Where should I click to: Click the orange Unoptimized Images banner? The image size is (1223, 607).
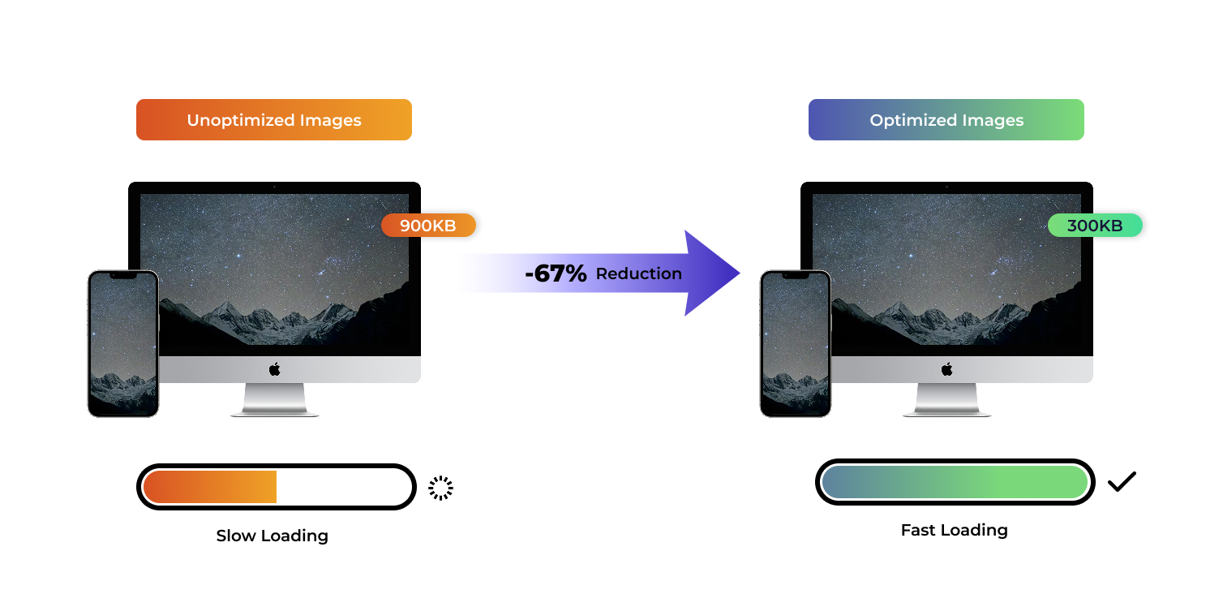click(274, 120)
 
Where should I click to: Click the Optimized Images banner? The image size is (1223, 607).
click(946, 120)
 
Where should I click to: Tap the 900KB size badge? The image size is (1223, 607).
click(428, 226)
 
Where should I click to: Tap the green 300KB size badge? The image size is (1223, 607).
click(1095, 226)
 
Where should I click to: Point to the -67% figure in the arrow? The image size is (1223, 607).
click(556, 273)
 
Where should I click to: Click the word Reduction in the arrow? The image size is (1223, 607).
click(638, 273)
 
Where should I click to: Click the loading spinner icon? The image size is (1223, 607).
click(440, 488)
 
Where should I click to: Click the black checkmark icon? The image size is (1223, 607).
click(1122, 481)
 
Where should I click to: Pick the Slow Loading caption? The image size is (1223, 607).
click(272, 536)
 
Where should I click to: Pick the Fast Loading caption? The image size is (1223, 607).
click(954, 530)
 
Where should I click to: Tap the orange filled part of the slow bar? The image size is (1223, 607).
click(211, 487)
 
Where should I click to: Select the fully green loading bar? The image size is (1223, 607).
click(955, 482)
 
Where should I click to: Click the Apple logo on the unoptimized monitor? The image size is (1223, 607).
click(275, 369)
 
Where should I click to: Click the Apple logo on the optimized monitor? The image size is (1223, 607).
click(946, 369)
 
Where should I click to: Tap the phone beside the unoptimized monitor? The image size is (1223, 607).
click(123, 343)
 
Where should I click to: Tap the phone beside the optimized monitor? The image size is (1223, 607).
click(796, 343)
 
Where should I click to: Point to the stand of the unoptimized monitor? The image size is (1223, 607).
click(275, 399)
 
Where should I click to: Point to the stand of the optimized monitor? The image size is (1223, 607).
click(946, 399)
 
